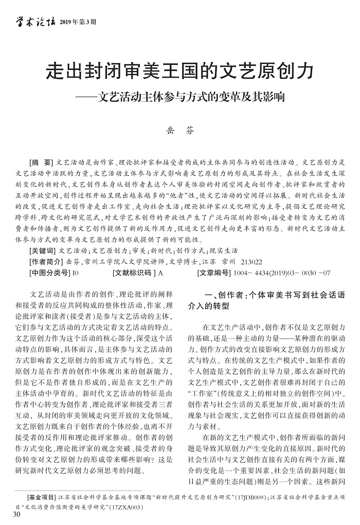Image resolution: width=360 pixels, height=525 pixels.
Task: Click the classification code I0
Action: (76, 273)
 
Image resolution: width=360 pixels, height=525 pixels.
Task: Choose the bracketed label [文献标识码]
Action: (132, 273)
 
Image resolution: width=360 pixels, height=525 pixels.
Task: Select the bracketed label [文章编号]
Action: (214, 273)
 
